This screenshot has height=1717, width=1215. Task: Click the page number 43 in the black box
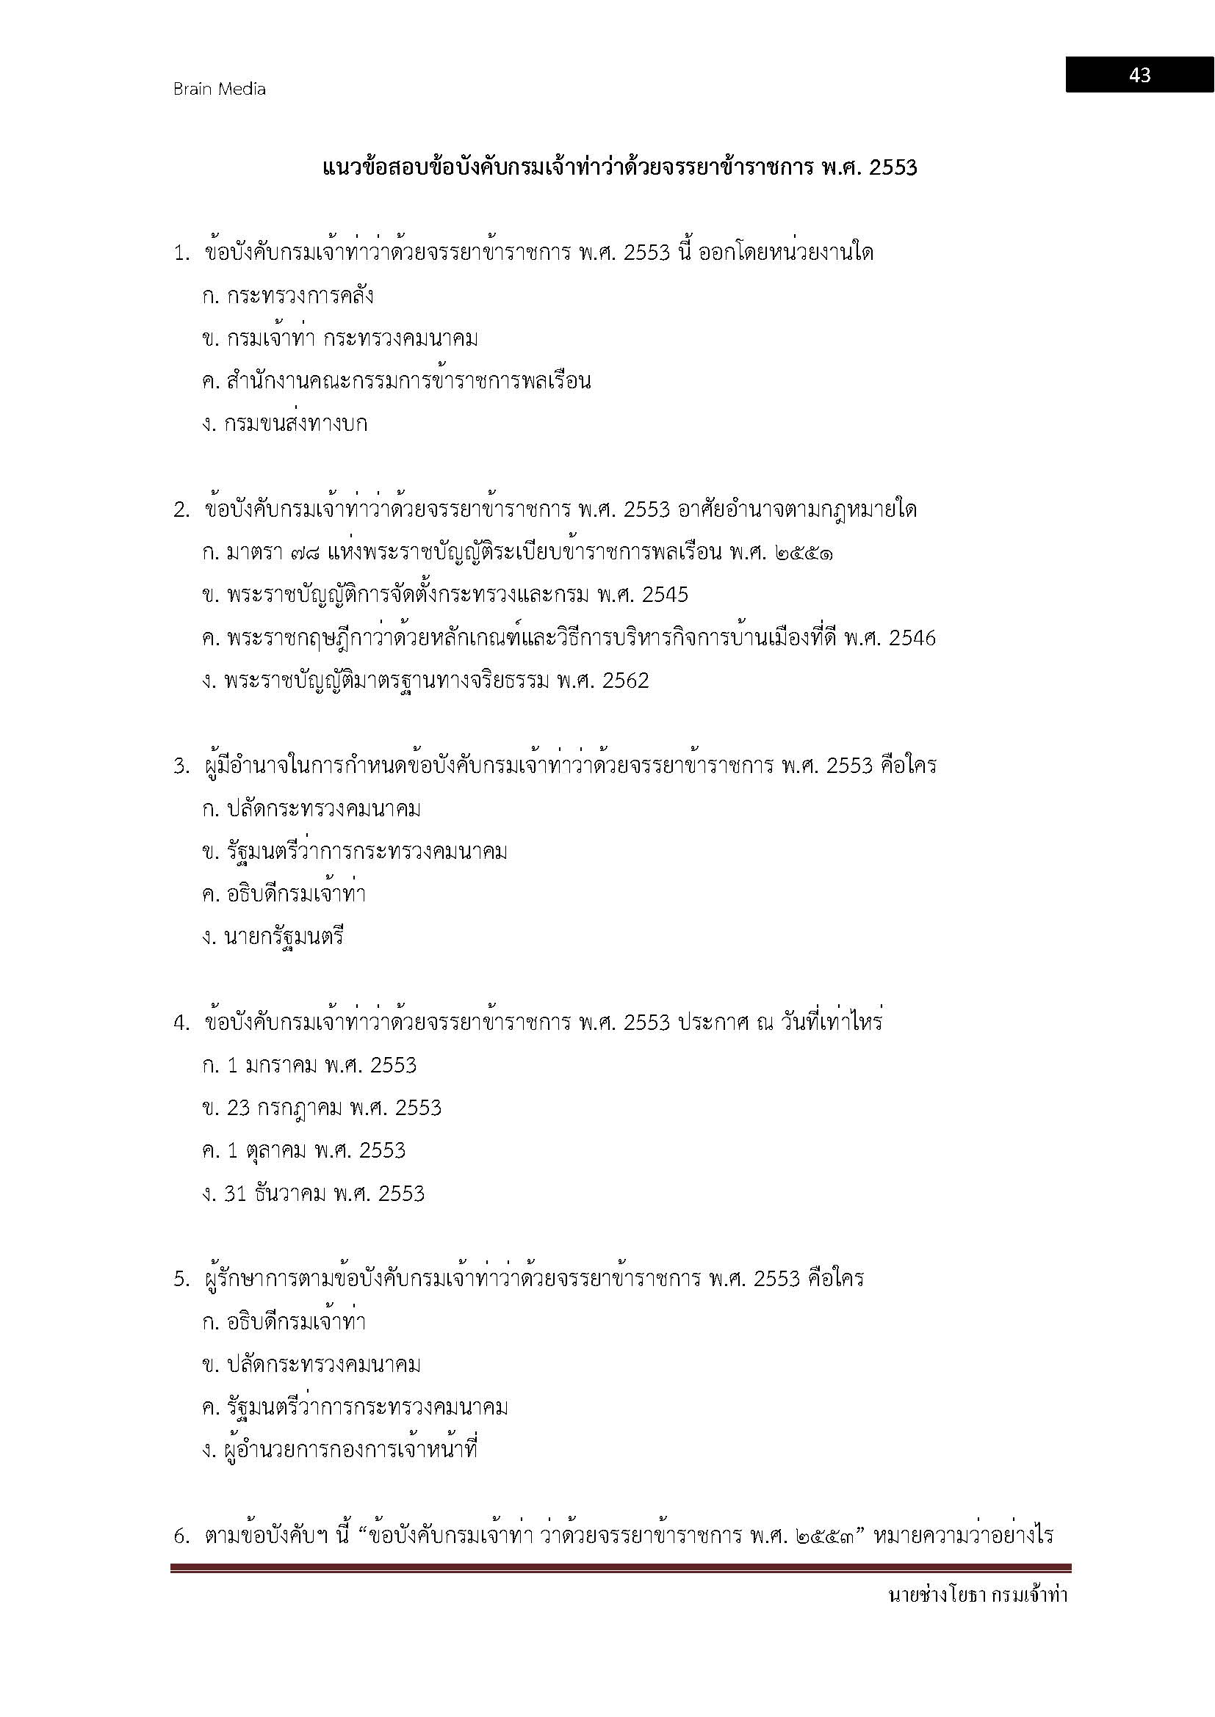[1139, 75]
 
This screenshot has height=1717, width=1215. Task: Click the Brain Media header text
[219, 89]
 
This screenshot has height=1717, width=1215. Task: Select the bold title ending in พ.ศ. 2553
[619, 167]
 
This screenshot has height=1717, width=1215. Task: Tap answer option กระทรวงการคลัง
[299, 296]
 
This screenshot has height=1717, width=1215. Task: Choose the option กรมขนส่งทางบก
[295, 425]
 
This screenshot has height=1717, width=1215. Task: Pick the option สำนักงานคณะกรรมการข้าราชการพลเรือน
[408, 382]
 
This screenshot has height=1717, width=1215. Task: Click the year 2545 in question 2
[665, 595]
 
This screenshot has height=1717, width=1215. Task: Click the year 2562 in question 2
[625, 680]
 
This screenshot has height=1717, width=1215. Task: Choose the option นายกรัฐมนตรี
[284, 937]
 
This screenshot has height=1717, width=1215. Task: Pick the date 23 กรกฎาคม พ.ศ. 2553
[334, 1108]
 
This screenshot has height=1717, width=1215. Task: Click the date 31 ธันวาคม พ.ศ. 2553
[325, 1194]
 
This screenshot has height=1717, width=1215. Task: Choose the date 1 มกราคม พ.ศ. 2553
[321, 1065]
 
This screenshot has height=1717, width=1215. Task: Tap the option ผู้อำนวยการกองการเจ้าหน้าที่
[351, 1450]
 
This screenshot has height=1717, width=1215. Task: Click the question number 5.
[180, 1279]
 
